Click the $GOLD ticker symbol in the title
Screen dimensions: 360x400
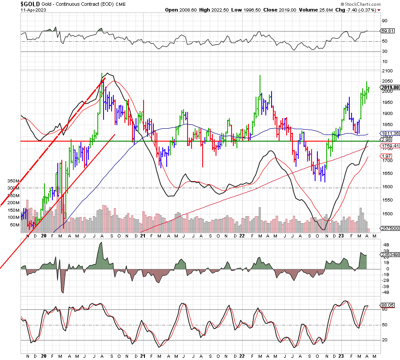coord(32,4)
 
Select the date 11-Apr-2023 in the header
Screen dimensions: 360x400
coord(32,10)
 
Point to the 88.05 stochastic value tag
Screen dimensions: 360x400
coord(388,305)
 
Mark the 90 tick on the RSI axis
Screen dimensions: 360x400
coord(385,20)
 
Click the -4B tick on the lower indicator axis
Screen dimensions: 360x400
coord(385,292)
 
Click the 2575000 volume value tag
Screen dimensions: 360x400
coord(390,228)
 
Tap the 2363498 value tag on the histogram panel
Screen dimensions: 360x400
coord(390,254)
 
